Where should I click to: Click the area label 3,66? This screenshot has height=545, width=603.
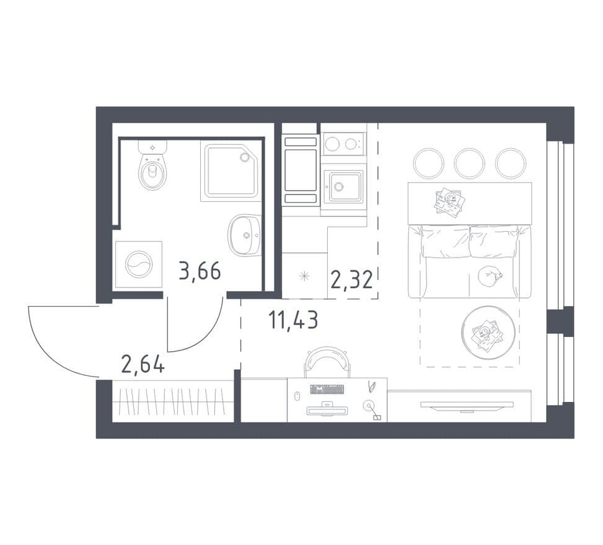[200, 271]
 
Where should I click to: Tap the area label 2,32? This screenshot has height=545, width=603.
[351, 279]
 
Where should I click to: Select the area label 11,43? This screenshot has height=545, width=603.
[293, 320]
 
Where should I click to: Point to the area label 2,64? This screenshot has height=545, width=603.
[143, 364]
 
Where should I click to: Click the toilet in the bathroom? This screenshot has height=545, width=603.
[152, 165]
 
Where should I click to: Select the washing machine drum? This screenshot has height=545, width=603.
[139, 264]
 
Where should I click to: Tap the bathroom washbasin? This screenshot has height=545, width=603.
[245, 235]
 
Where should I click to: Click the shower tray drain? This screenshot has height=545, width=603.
[244, 157]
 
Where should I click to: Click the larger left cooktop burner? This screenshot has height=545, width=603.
[332, 144]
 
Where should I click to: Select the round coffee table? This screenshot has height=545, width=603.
[488, 333]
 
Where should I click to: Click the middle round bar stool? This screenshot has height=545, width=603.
[469, 163]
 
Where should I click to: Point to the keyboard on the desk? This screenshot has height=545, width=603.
[327, 389]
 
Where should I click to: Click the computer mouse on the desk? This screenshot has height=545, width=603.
[297, 396]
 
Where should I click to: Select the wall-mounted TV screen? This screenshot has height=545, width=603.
[467, 404]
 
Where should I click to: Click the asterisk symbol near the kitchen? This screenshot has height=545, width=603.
[304, 276]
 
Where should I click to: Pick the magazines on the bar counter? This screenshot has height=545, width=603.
[449, 201]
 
